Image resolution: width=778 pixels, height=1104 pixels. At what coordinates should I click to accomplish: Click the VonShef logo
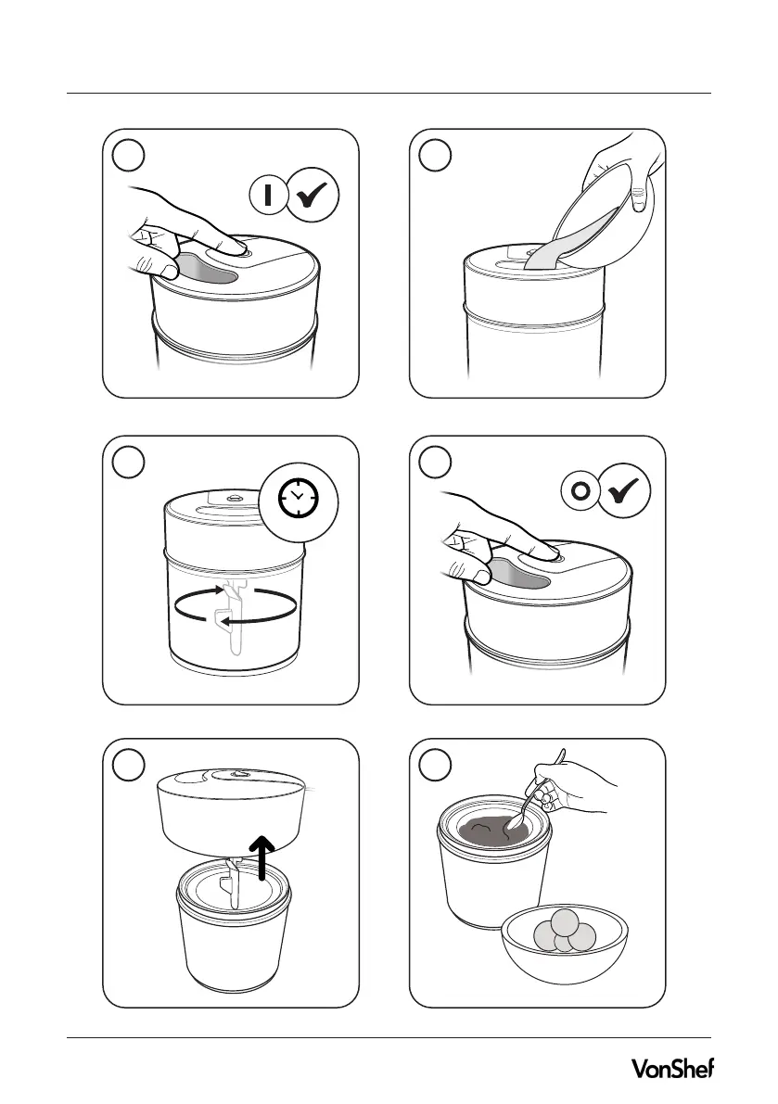click(x=672, y=1068)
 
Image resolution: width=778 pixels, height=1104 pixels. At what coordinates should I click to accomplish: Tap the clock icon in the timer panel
click(x=299, y=500)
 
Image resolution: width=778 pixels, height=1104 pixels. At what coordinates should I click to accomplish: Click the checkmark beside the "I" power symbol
click(x=313, y=195)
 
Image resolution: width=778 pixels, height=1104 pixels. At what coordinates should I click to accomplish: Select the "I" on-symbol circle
click(x=268, y=195)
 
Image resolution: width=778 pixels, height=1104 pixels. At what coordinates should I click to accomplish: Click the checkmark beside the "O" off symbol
click(x=624, y=490)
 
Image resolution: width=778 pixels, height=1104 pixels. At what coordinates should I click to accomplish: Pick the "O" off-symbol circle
click(x=580, y=490)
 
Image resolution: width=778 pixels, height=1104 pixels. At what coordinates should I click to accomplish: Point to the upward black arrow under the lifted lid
click(x=262, y=857)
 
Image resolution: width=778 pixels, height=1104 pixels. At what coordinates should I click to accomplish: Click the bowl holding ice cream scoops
click(x=564, y=945)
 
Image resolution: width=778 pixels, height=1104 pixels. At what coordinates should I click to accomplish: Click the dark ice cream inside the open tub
click(x=493, y=831)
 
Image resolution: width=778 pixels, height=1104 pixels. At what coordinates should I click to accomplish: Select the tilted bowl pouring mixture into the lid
click(x=598, y=217)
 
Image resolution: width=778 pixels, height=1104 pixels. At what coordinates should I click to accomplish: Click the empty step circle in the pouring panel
click(x=434, y=156)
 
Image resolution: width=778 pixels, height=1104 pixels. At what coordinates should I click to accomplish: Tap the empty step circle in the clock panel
click(x=128, y=463)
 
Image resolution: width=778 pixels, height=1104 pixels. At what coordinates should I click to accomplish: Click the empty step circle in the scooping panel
click(x=434, y=766)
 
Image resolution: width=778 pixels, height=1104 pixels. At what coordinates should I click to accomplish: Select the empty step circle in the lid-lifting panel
click(x=128, y=766)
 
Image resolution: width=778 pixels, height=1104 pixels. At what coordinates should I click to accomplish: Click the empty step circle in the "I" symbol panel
click(x=128, y=156)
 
